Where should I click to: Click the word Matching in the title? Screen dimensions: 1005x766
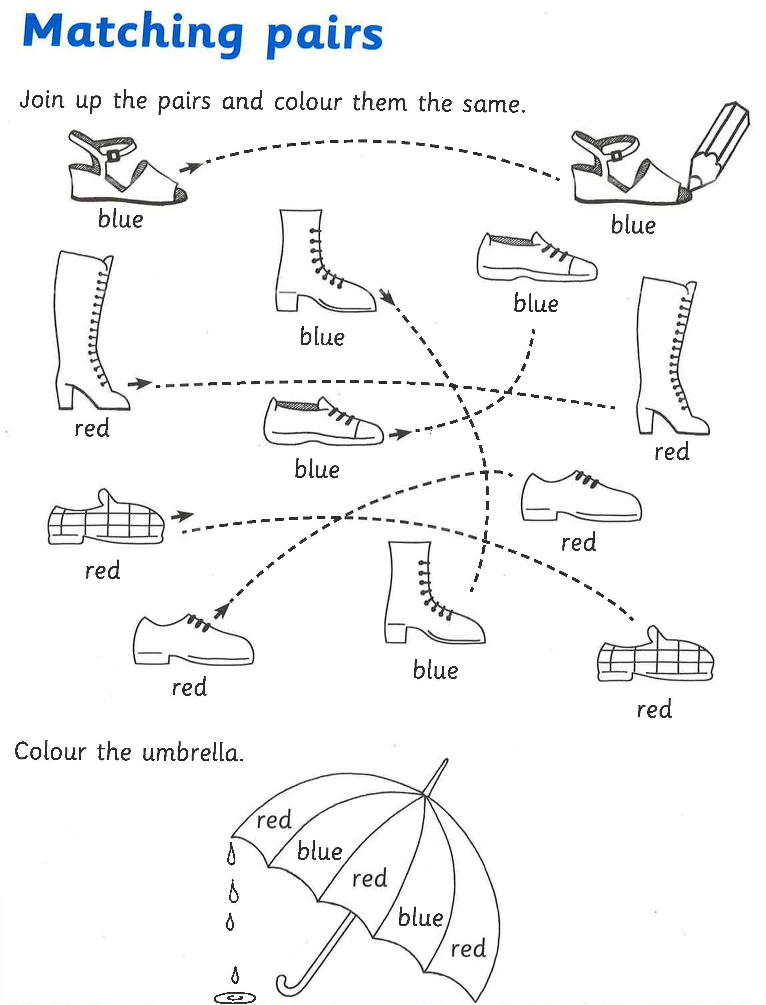[132, 33]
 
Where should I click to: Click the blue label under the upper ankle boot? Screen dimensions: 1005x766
[322, 338]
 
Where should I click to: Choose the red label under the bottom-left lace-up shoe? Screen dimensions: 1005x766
[189, 687]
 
